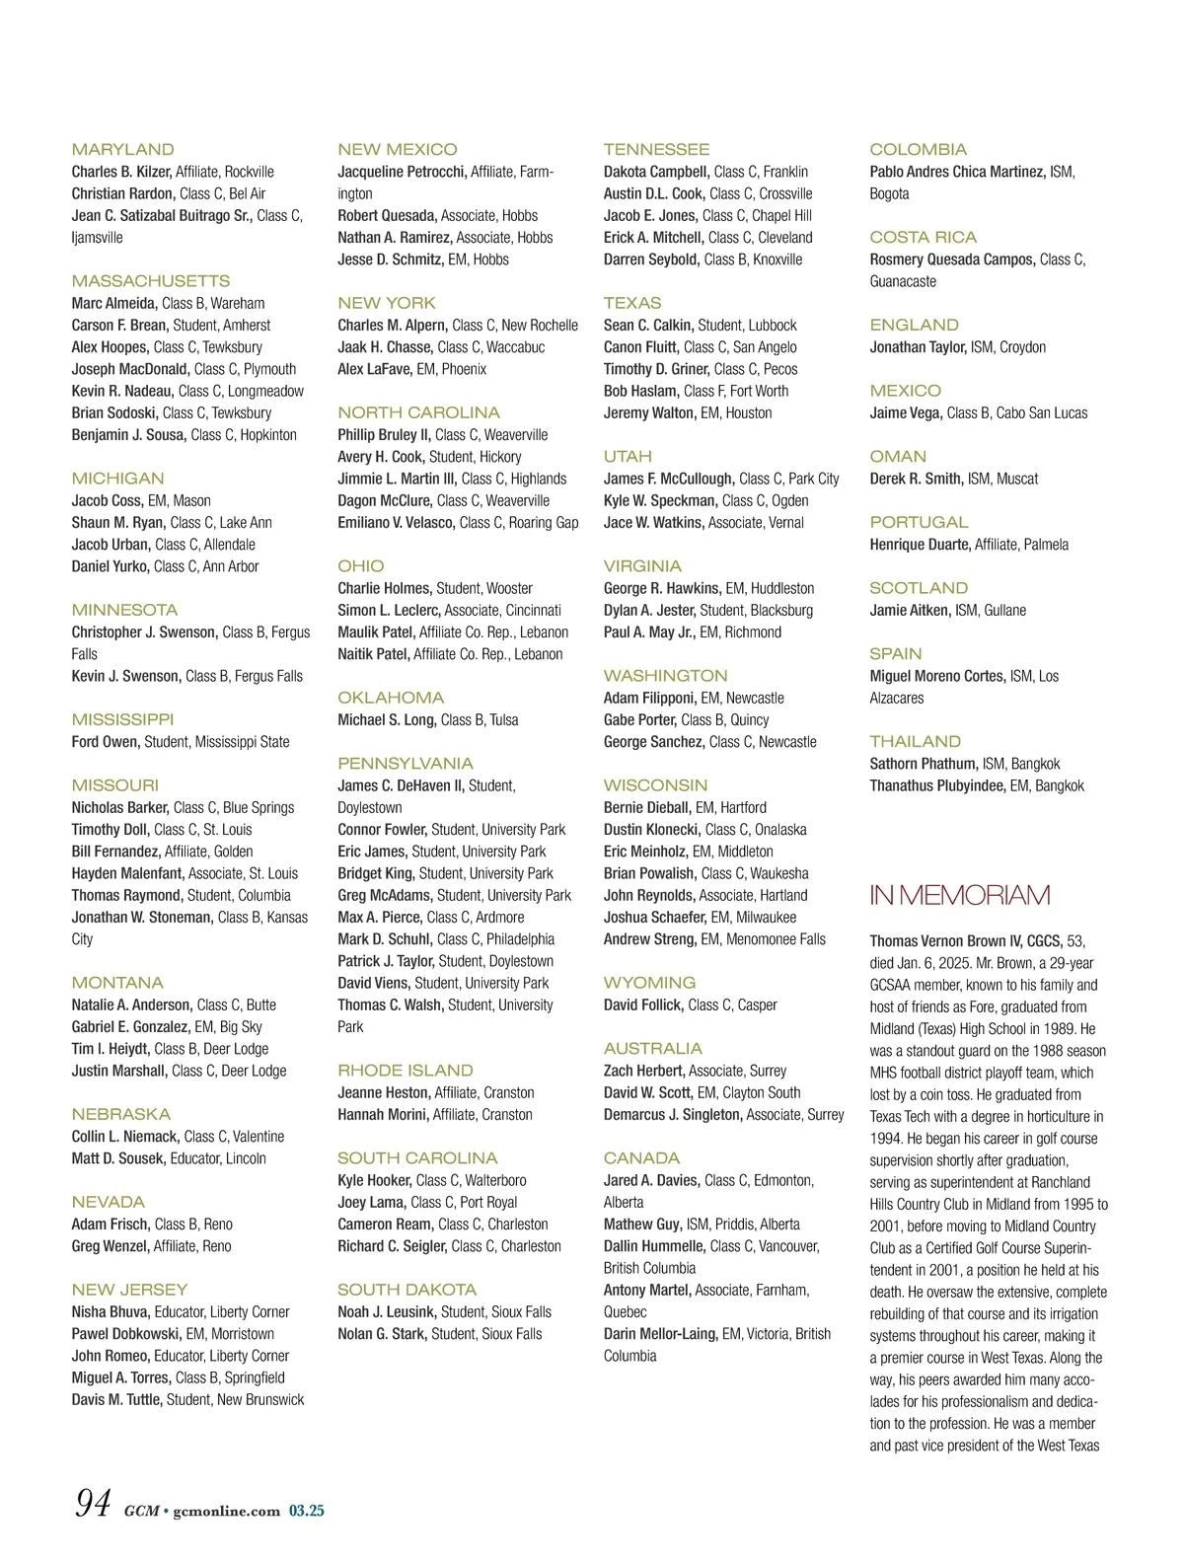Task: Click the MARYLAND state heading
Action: [x=122, y=150]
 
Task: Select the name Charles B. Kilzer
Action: [x=120, y=172]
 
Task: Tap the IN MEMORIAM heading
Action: [x=959, y=895]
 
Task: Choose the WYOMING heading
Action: [x=649, y=983]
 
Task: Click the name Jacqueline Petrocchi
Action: [x=402, y=172]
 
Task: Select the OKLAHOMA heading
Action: [x=391, y=698]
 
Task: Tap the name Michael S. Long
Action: [x=386, y=720]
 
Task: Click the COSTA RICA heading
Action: [x=923, y=238]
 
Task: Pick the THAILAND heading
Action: [x=915, y=742]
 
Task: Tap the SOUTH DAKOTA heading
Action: [x=407, y=1290]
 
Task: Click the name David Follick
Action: [x=642, y=1005]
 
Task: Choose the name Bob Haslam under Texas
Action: [x=640, y=391]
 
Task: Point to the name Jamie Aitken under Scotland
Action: [x=910, y=611]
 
